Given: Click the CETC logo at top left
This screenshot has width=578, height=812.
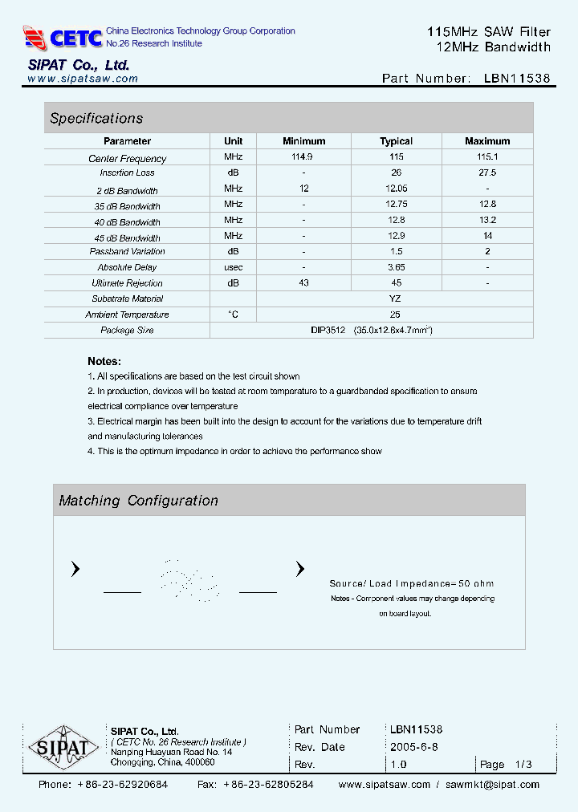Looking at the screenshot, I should coord(63,37).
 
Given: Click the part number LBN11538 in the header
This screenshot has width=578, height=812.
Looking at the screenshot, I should coord(517,79).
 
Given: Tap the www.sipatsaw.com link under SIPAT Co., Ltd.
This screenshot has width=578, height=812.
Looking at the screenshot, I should coord(83,79).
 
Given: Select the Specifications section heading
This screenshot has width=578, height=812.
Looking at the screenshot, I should coord(96,119).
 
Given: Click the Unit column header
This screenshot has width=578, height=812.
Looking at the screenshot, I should coord(234,141).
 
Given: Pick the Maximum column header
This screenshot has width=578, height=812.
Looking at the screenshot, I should coord(487,141).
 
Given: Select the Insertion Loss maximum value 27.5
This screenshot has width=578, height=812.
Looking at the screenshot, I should coord(487,173).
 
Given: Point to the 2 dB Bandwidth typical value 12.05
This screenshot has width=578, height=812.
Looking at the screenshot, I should coord(396,189).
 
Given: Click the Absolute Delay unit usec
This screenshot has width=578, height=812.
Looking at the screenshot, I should coord(234,267).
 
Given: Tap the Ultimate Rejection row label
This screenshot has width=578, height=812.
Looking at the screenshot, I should coord(127,283).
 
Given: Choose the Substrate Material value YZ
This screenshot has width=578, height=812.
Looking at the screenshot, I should coord(395,298).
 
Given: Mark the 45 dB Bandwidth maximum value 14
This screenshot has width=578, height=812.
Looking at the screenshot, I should coord(487,236).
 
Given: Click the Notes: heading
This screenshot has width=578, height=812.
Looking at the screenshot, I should coord(104,362).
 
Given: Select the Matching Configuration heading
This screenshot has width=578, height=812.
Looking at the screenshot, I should coord(139,501).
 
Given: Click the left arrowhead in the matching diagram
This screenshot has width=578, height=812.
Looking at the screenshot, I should coord(75,570).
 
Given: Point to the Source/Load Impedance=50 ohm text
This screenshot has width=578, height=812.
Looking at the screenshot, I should coord(412,584).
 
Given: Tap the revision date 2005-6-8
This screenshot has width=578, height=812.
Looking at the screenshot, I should coord(413,747).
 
